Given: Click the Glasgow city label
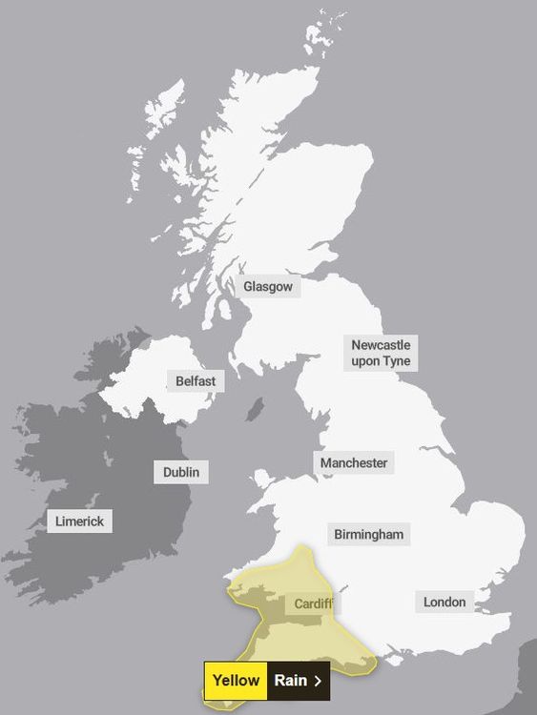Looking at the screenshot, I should [269, 286].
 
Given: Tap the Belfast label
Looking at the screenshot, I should [196, 381].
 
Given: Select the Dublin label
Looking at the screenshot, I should [181, 472].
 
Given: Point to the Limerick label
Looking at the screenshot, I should [80, 521].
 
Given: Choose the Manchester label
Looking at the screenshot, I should [354, 463].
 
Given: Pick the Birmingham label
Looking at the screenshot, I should [369, 535].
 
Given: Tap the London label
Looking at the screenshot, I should [444, 602].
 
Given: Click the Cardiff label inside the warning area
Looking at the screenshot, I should [312, 604].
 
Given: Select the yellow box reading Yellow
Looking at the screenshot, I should [236, 681].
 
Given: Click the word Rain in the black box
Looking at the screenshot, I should [290, 681].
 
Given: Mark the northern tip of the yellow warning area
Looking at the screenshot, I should [302, 547].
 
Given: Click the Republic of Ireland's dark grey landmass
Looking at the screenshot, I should [105, 477].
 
